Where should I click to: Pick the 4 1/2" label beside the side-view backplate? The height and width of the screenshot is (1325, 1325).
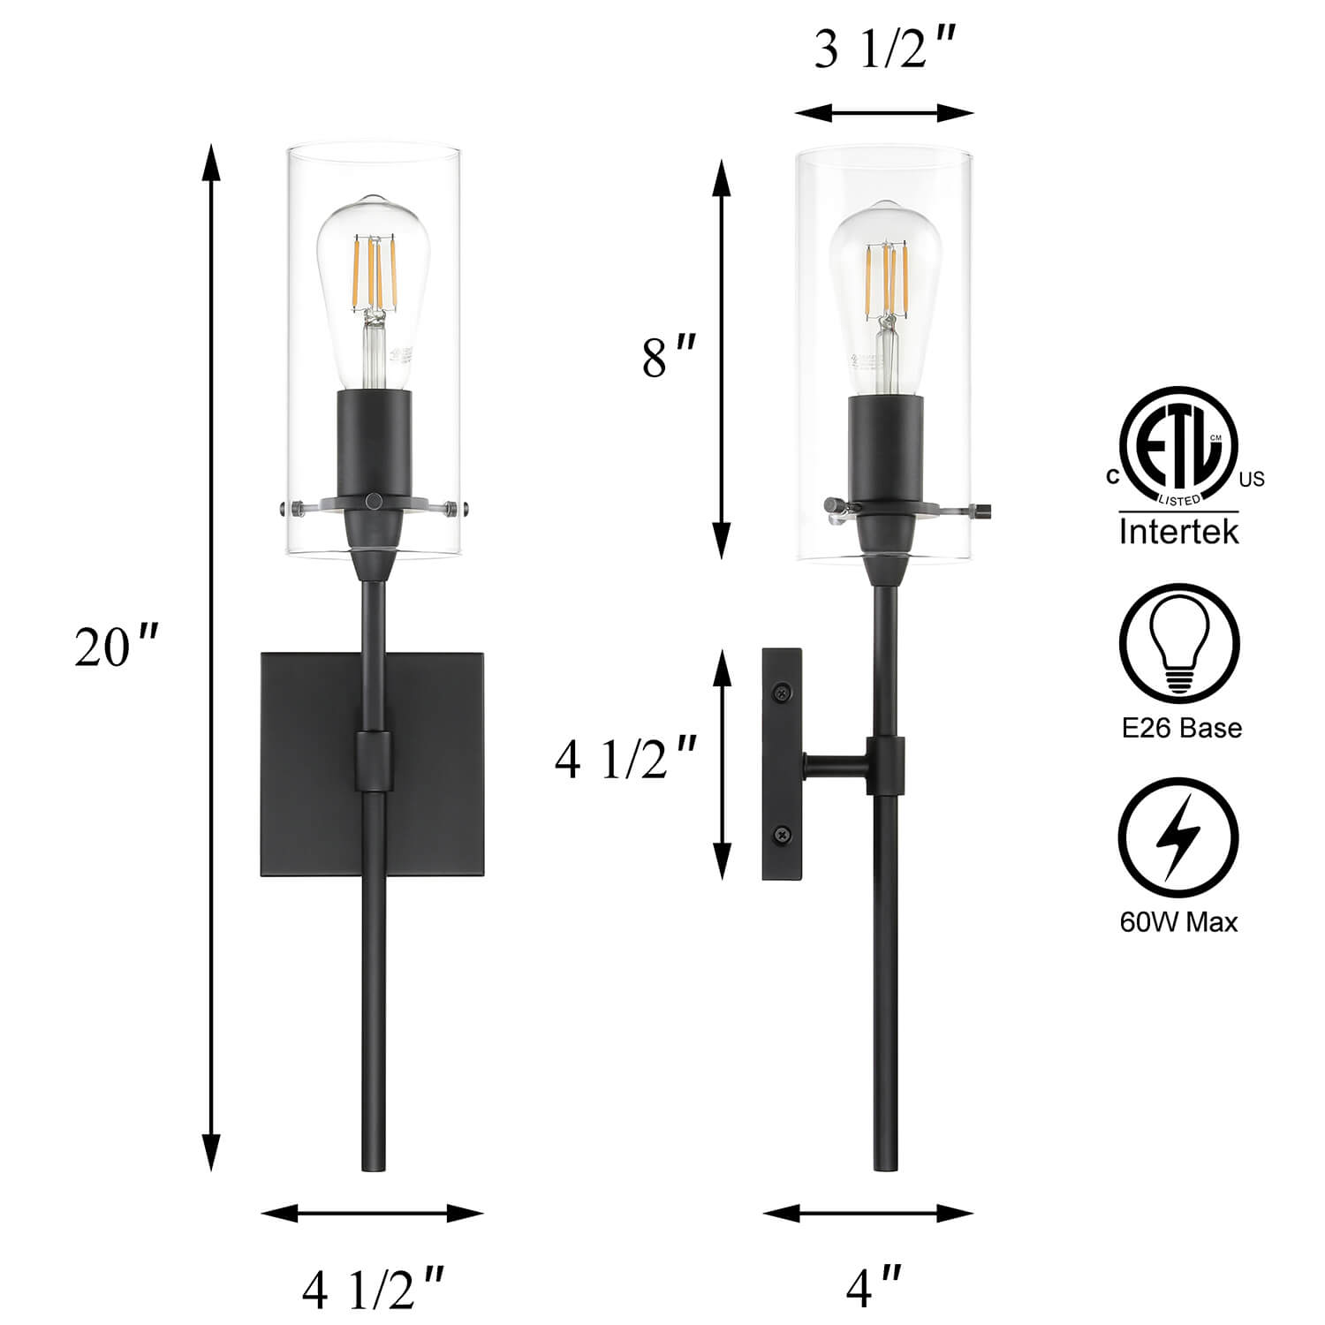625,759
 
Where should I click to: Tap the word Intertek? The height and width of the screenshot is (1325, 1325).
1178,532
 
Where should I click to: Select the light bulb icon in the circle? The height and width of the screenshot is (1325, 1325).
1178,642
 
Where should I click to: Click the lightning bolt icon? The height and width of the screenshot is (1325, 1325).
1179,838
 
